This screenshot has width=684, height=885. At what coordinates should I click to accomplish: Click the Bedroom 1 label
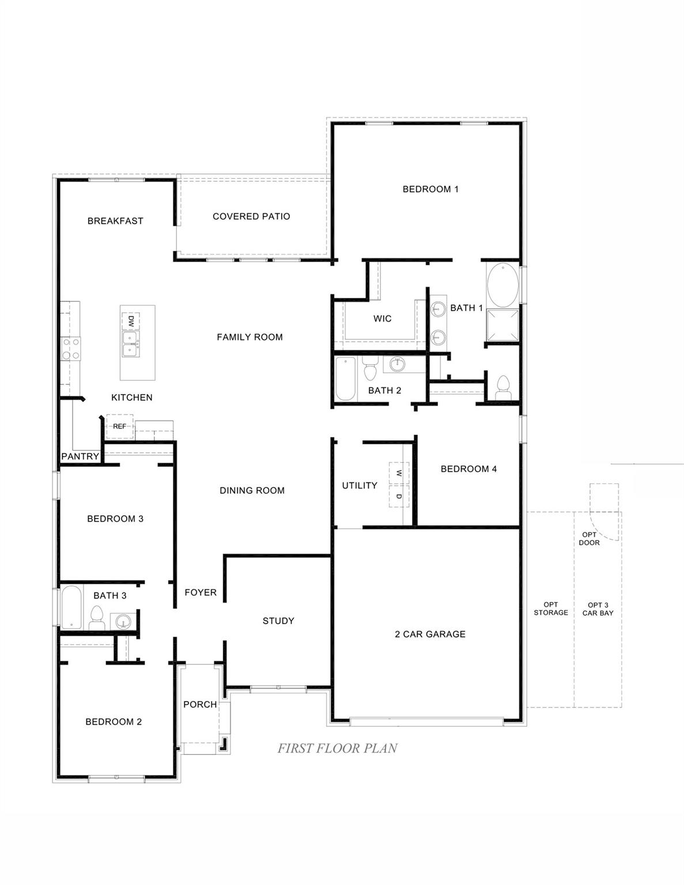(430, 189)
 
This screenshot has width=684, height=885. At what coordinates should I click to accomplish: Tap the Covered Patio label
(251, 217)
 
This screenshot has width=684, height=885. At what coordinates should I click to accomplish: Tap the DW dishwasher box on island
(131, 320)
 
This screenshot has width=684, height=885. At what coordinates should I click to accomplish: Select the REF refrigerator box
(119, 426)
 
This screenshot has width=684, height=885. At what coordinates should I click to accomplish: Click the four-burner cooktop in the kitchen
(71, 349)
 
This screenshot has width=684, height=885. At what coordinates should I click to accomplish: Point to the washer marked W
(399, 473)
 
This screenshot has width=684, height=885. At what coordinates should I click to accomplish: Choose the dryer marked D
(399, 496)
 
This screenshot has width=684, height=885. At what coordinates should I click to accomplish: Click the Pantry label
(80, 456)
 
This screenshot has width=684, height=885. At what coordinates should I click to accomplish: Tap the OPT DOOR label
(589, 539)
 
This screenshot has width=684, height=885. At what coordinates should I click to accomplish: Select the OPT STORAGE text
(550, 609)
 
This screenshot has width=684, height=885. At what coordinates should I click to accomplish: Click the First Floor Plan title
(337, 748)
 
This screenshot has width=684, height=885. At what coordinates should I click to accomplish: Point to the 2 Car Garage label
(430, 634)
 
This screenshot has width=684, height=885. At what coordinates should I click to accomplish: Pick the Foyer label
(201, 592)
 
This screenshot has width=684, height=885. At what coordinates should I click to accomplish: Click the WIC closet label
(382, 319)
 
